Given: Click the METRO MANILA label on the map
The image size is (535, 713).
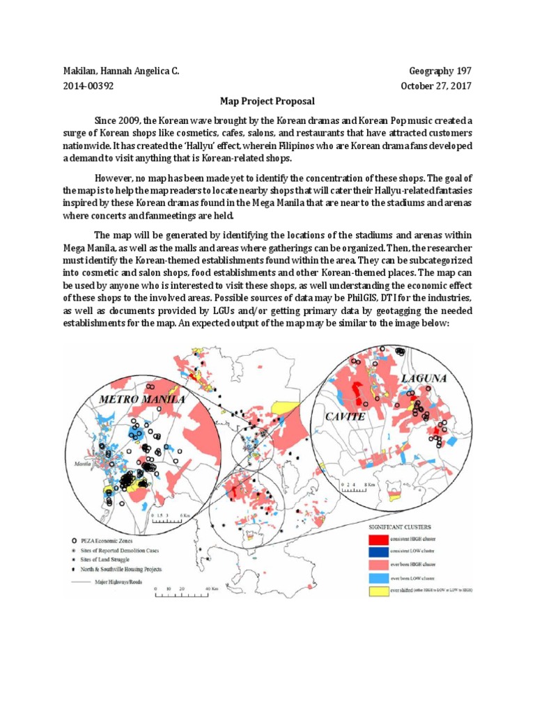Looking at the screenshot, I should pyautogui.click(x=143, y=400).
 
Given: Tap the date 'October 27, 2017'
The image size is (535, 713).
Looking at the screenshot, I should pyautogui.click(x=436, y=86).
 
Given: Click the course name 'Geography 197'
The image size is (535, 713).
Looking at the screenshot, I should pyautogui.click(x=441, y=71).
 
